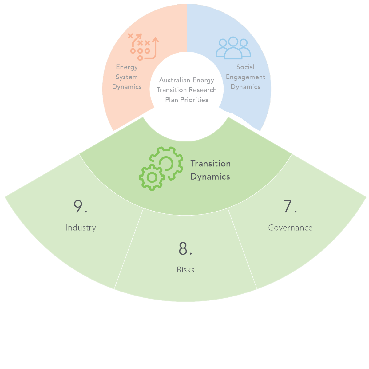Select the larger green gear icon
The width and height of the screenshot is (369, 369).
(165, 163)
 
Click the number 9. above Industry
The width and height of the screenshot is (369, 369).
(81, 207)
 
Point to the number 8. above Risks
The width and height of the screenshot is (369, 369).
(185, 249)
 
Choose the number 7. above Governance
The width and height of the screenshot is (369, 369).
(290, 207)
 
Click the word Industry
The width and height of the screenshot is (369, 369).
(81, 228)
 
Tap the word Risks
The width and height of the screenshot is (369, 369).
(185, 270)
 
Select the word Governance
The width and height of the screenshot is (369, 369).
(290, 228)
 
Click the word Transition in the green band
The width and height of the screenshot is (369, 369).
(210, 164)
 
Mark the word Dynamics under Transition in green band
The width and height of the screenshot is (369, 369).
(210, 177)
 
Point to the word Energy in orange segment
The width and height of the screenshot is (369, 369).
(127, 67)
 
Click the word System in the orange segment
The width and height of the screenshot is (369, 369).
(127, 77)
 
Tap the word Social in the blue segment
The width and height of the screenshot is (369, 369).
(245, 67)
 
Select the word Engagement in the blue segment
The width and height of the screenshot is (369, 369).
(245, 77)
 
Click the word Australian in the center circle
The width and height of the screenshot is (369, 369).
(173, 80)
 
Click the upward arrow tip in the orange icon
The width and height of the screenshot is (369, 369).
(155, 39)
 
